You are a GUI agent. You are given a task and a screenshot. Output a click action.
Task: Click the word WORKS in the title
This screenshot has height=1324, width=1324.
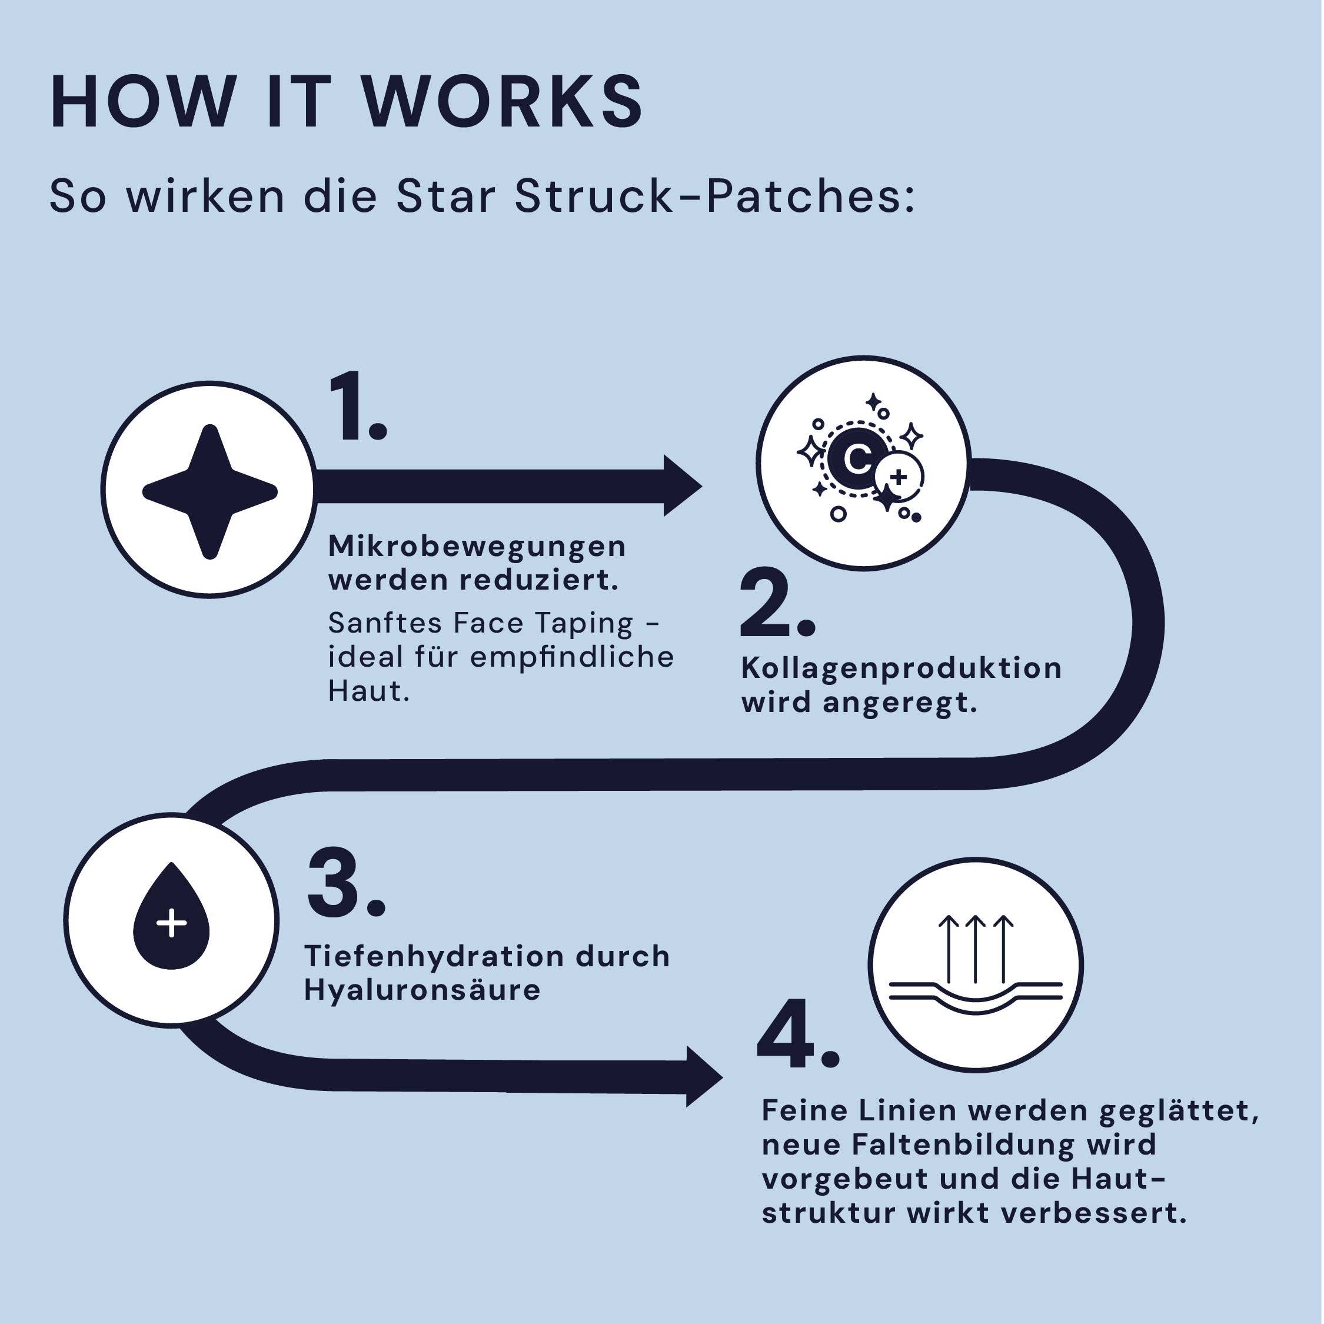(x=501, y=103)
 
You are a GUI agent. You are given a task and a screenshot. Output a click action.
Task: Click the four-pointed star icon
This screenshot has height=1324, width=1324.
(x=209, y=491)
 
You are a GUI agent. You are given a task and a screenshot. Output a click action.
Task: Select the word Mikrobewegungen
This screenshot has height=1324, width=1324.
(x=477, y=547)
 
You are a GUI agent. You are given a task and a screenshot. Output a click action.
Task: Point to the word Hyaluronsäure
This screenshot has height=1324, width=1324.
(x=422, y=990)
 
